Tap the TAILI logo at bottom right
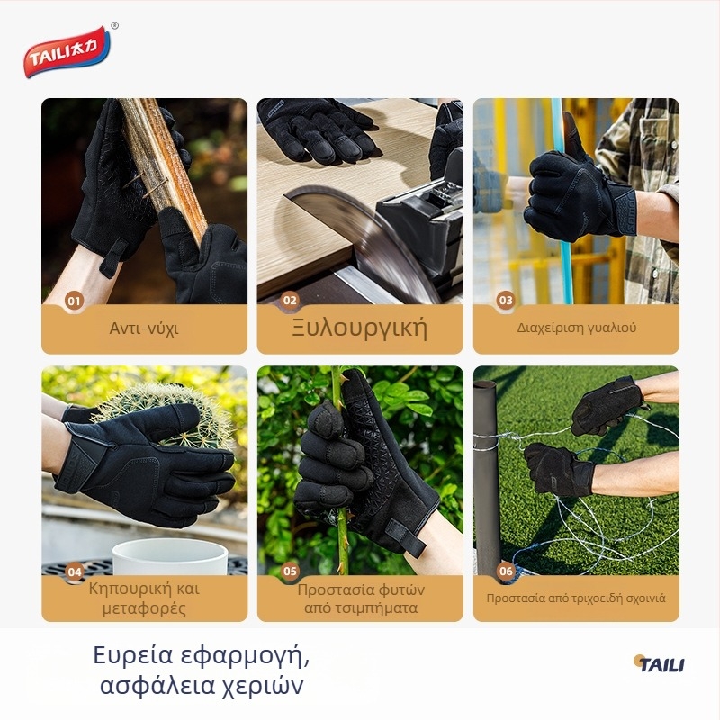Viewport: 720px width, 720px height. (660, 663)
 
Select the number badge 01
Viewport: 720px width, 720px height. (75, 301)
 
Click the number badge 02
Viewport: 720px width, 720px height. (290, 301)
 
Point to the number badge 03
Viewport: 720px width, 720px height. (506, 301)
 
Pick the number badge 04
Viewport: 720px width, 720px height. (75, 571)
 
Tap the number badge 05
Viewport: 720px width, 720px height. (290, 571)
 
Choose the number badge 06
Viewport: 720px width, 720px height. (506, 571)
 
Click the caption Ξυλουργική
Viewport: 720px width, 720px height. (359, 328)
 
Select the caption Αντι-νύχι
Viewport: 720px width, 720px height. (144, 328)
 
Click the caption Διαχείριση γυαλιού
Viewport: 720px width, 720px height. (576, 328)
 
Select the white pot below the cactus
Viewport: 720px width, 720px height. (170, 557)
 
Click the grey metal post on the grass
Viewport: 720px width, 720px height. (486, 478)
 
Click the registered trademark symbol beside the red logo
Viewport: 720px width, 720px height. (115, 26)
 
